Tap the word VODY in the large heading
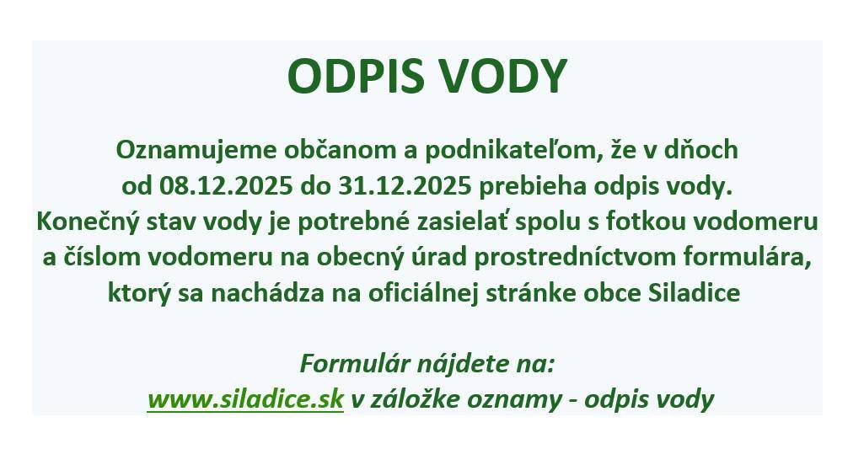click(505, 78)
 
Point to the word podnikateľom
click(504, 150)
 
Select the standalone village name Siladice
click(695, 294)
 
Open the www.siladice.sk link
click(245, 398)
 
